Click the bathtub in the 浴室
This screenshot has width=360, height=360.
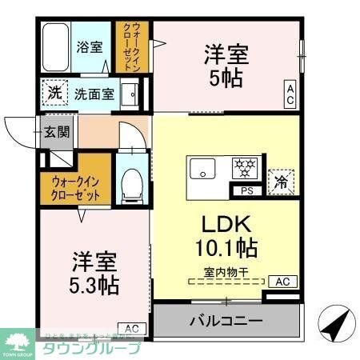click(x=56, y=47)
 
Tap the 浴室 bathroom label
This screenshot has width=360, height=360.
click(x=90, y=46)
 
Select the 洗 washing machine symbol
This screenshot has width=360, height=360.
click(x=54, y=93)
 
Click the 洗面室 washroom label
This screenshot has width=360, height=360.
click(x=94, y=94)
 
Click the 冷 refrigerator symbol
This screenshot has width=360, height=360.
click(x=282, y=181)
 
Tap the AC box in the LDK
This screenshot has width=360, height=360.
click(x=282, y=281)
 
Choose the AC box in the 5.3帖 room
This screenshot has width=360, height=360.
click(x=132, y=327)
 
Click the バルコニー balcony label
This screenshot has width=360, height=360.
click(x=226, y=322)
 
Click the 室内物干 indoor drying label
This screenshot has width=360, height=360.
click(x=226, y=271)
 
